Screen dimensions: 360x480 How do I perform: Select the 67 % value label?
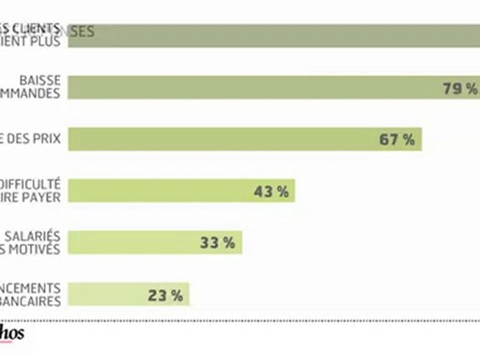click(x=397, y=139)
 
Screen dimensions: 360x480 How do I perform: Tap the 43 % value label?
click(x=271, y=191)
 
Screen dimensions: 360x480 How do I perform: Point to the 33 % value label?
click(x=217, y=243)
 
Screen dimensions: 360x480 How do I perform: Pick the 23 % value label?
click(x=165, y=295)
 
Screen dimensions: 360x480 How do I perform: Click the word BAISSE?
click(x=40, y=80)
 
